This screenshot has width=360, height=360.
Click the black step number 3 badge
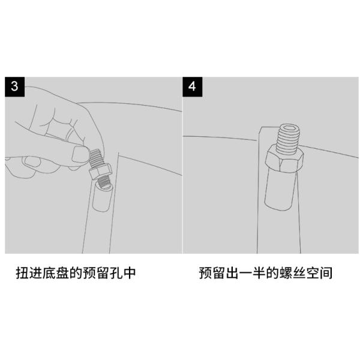(14, 87)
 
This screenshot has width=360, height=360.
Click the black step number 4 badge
(193, 87)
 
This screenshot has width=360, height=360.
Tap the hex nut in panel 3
(100, 172)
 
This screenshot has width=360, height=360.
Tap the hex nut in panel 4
(284, 159)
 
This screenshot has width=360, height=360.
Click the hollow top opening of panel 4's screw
(289, 128)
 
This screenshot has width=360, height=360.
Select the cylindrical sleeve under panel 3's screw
(102, 196)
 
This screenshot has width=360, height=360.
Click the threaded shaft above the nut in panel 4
(287, 139)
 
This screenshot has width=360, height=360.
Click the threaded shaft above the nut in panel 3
(95, 158)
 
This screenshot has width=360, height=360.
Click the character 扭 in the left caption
(23, 273)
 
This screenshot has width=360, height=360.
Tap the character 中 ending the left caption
(129, 273)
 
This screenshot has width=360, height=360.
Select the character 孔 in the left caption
(116, 273)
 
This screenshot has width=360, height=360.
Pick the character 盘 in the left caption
(62, 273)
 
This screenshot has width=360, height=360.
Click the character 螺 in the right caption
(286, 273)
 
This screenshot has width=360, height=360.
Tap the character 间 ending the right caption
(326, 273)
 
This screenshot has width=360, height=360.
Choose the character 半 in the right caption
(259, 273)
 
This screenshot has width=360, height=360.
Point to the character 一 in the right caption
(245, 273)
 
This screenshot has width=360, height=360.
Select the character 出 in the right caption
(232, 273)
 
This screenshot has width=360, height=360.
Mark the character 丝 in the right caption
(299, 273)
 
